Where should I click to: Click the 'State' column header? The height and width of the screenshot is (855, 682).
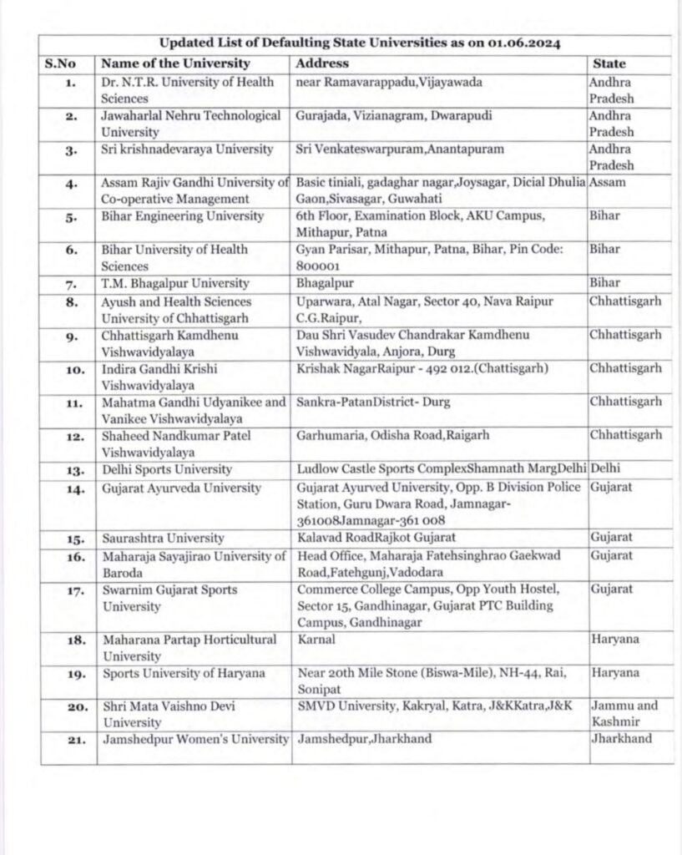pyautogui.click(x=609, y=63)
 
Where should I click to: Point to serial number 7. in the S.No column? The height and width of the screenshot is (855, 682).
pyautogui.click(x=71, y=284)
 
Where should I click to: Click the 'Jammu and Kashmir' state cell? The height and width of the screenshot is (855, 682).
pyautogui.click(x=624, y=713)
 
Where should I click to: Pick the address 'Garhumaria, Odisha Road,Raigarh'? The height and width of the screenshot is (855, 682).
pyautogui.click(x=386, y=435)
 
